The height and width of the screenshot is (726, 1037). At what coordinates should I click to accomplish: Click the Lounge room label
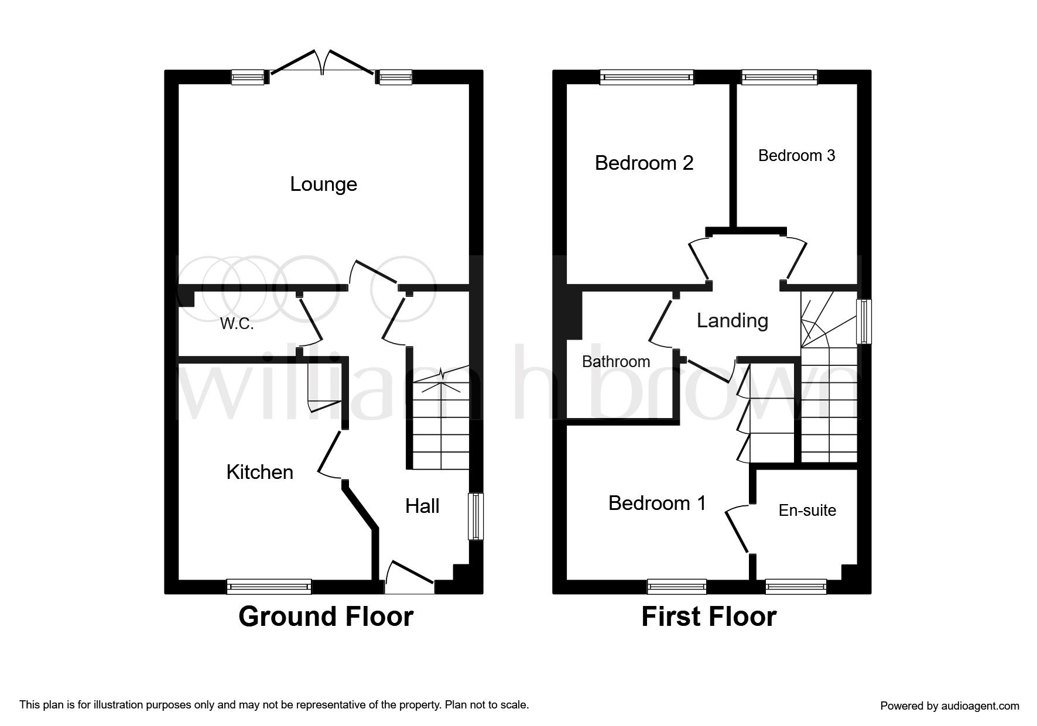tap(323, 184)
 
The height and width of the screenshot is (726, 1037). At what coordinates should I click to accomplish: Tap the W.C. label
tap(237, 324)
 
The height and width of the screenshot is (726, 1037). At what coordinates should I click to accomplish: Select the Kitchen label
tap(260, 472)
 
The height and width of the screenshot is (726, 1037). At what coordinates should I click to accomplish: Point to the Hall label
tap(422, 506)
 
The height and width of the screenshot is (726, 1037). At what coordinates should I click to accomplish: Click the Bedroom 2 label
tap(644, 163)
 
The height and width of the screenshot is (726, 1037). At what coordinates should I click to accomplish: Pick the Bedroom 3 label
tap(796, 155)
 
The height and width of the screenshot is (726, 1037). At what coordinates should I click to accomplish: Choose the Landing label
tap(733, 321)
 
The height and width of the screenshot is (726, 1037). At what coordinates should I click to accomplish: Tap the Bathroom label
tap(616, 362)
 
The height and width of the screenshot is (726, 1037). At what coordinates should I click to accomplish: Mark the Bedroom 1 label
tap(657, 503)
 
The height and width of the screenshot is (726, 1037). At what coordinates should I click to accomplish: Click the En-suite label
tap(807, 511)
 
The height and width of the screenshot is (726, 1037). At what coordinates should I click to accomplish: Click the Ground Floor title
tap(326, 617)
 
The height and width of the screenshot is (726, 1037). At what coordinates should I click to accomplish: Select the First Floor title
tap(709, 617)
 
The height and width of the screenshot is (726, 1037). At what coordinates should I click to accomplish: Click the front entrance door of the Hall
tap(409, 577)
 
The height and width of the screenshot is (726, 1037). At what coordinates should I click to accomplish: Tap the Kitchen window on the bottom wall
tap(269, 586)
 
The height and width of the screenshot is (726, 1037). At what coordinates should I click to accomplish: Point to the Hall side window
tap(476, 516)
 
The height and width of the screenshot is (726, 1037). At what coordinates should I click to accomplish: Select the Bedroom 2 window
tap(647, 77)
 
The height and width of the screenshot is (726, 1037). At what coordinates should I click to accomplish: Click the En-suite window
tap(796, 586)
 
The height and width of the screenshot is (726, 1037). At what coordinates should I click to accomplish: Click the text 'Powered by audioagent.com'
tap(950, 706)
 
